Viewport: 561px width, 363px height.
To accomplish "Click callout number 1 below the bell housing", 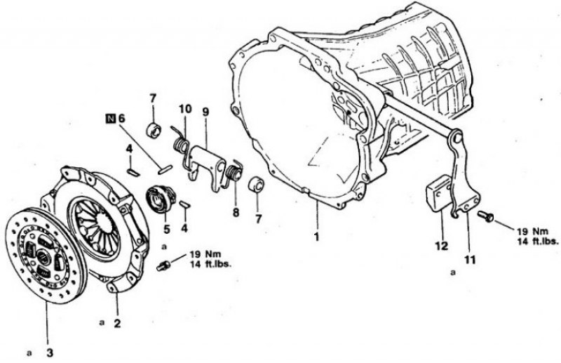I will [316, 237].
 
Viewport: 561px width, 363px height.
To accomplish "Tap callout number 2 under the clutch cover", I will [118, 324].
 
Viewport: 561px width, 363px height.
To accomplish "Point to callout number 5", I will [166, 228].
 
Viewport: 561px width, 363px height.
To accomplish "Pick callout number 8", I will [235, 211].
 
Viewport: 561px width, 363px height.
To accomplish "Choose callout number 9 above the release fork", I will [205, 112].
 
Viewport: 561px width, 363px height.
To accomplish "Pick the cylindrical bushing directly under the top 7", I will [153, 131].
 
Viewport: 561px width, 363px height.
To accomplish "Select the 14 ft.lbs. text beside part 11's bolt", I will [539, 240].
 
